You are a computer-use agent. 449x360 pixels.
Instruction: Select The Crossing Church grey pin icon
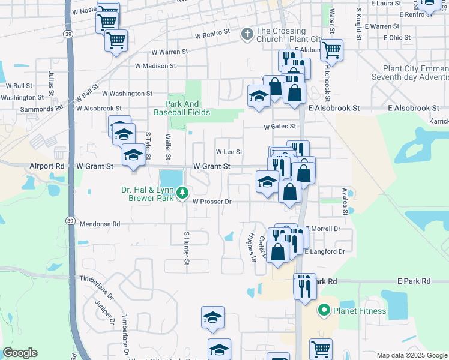tap(247, 34)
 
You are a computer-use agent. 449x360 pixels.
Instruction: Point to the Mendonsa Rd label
tap(100, 224)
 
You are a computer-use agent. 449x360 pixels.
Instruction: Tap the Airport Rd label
tap(46, 166)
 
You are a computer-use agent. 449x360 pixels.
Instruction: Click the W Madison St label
tap(155, 66)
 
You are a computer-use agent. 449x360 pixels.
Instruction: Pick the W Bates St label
tap(280, 127)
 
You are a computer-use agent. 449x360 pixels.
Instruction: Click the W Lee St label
tap(229, 152)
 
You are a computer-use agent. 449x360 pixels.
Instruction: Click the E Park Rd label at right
tap(414, 281)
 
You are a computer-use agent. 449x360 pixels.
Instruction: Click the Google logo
tap(20, 353)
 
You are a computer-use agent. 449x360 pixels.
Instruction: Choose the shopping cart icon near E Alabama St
tap(331, 50)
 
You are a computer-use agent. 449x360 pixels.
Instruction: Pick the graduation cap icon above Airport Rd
tap(133, 155)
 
